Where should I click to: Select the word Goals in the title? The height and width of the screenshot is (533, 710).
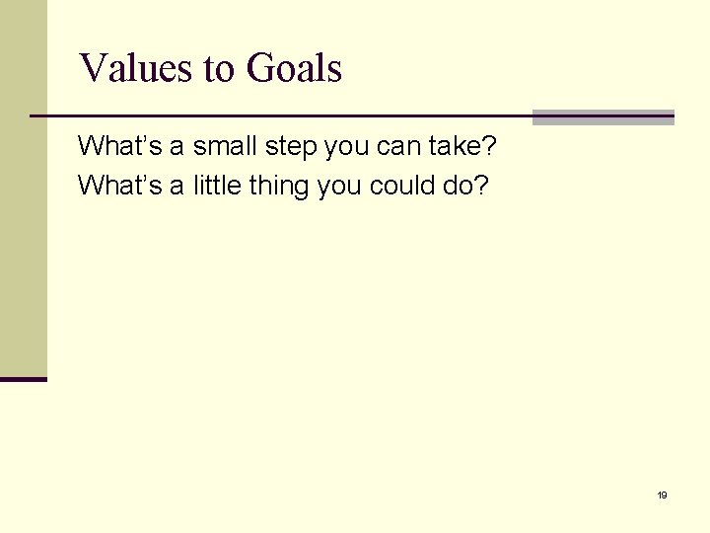[x=294, y=69]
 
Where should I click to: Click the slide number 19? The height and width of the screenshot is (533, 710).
[x=662, y=495]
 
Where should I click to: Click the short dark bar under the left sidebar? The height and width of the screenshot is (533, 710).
[x=24, y=378]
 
